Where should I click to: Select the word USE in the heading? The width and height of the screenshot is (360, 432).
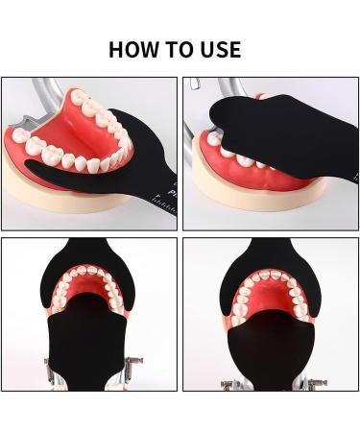click(x=224, y=48)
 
